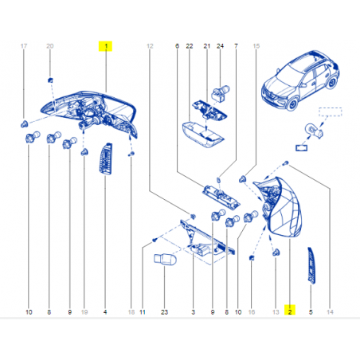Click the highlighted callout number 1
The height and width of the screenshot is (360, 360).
coord(106,46)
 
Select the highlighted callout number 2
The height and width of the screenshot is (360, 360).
coord(290,310)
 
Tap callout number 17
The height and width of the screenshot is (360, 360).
coord(24,46)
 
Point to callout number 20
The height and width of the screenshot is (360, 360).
coord(50,46)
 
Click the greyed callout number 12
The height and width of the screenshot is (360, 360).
coord(150,46)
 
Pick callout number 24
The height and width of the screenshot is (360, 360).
coord(220,46)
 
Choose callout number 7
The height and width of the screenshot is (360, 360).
coord(236,46)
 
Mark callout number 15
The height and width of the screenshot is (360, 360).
coord(256,46)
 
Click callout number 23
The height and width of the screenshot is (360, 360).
coord(164,312)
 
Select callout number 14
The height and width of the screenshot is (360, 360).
coord(330,312)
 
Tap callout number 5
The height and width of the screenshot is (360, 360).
coord(311,312)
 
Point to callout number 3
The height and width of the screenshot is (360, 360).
coord(194,312)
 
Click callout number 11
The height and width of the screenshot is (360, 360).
coord(143,312)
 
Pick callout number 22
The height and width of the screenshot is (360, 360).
coord(190,46)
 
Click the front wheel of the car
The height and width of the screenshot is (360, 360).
coord(292,104)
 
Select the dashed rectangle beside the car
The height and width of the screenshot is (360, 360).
coord(331,112)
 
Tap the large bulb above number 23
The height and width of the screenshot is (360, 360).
coord(165,259)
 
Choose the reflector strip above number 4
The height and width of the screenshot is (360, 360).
coord(105,159)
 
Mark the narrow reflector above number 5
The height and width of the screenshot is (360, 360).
coord(311,266)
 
